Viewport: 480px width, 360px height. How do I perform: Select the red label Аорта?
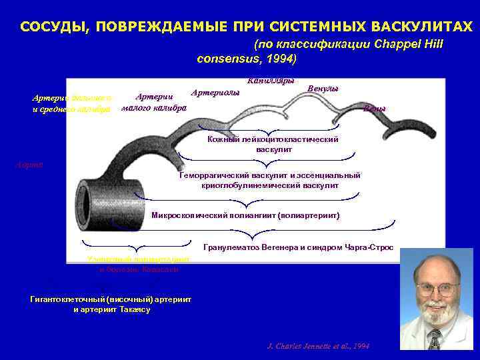(x=30, y=164)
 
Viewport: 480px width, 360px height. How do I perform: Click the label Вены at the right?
(x=374, y=109)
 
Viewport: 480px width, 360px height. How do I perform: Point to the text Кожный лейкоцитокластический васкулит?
(x=273, y=145)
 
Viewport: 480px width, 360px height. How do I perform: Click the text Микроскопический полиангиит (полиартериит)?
(x=246, y=216)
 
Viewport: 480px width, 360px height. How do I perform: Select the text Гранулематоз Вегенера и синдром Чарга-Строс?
(x=298, y=247)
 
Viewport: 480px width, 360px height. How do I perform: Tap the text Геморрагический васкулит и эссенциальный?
(x=270, y=175)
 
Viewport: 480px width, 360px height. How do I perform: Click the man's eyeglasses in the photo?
(x=437, y=289)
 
